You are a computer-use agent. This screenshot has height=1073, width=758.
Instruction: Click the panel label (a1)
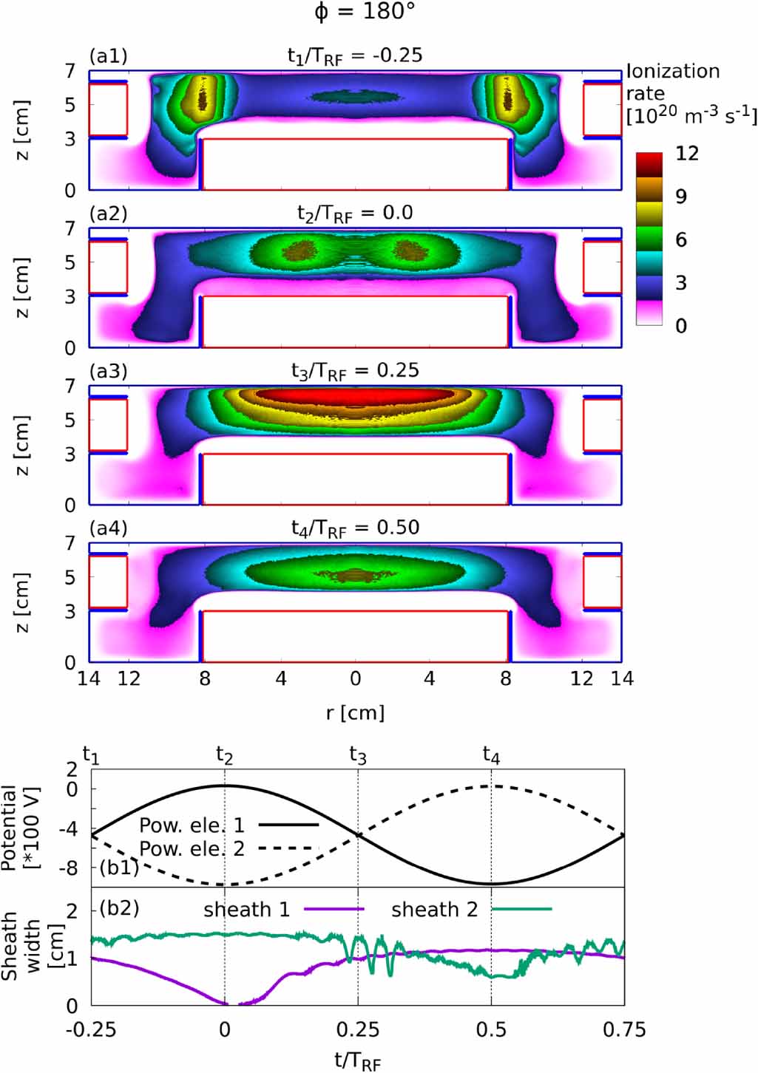pos(108,56)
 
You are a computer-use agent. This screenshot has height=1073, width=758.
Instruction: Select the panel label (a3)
pos(108,371)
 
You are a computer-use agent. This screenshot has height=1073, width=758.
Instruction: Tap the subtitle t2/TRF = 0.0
pos(355,214)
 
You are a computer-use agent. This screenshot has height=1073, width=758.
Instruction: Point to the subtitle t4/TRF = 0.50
pos(355,528)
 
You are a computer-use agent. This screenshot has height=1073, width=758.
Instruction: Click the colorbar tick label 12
pos(687,154)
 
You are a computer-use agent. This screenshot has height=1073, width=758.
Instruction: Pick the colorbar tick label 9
pos(681,197)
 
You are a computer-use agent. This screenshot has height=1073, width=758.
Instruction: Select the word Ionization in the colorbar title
pos(673,72)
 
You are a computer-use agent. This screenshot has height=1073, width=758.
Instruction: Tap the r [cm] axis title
pos(356,713)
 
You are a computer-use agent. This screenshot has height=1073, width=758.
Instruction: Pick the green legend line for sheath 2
pos(522,909)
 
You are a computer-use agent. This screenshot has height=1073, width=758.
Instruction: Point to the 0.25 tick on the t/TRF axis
pos(358,1029)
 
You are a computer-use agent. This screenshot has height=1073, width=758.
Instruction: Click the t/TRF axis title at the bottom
pos(358,1062)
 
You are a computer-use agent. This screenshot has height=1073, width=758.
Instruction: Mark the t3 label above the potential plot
pos(358,754)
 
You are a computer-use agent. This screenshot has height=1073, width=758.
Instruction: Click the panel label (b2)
pos(119,907)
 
